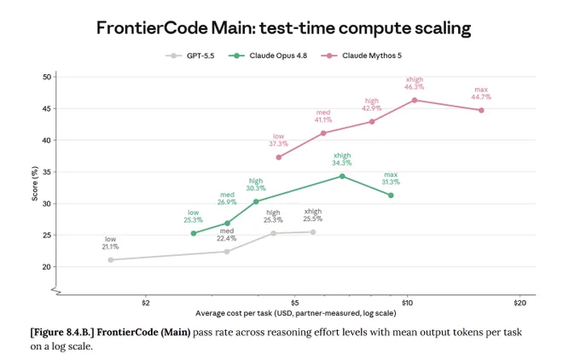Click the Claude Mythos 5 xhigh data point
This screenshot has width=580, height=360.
[415, 101]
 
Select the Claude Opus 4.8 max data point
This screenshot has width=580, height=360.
[391, 195]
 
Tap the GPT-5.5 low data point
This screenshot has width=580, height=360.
[111, 260]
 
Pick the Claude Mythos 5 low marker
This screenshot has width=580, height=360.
[279, 158]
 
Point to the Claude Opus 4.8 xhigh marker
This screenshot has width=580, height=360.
[342, 177]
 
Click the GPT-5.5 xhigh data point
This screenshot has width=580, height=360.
[313, 232]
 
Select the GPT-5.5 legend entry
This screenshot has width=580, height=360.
[190, 55]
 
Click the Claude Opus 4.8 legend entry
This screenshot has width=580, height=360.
[268, 55]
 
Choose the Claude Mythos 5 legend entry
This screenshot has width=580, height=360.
[361, 55]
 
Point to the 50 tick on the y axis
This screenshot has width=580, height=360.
[47, 77]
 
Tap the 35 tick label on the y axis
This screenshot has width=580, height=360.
[47, 172]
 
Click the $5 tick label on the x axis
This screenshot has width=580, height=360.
[295, 303]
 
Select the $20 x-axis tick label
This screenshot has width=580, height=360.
[519, 303]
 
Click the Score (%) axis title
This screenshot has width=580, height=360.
[35, 183]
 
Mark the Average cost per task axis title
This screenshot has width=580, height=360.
[296, 313]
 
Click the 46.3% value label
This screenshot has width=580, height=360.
[415, 87]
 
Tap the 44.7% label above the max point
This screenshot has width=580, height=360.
[481, 97]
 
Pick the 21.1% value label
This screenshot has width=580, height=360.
[111, 247]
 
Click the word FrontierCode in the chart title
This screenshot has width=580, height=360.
[152, 28]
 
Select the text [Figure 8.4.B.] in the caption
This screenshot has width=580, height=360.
[62, 332]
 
